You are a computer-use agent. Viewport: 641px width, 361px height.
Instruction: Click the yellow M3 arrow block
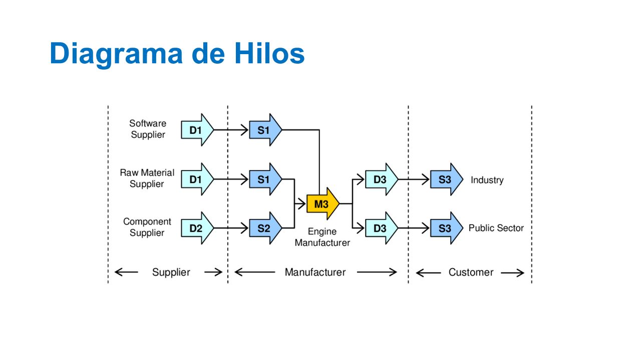[323, 204]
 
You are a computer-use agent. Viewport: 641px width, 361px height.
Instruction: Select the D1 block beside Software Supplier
[197, 130]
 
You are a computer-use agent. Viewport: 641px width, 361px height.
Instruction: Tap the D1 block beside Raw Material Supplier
[197, 179]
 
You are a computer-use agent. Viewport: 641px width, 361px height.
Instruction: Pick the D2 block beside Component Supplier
[197, 228]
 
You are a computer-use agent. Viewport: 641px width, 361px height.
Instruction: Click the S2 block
[265, 228]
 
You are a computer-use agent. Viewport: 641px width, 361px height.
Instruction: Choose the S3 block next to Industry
[446, 179]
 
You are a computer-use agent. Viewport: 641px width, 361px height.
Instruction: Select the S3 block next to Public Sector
[446, 228]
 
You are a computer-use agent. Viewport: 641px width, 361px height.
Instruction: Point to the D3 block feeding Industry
[382, 179]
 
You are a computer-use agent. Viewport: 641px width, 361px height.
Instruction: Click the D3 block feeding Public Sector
[382, 228]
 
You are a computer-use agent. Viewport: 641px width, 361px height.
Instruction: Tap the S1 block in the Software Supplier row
[265, 130]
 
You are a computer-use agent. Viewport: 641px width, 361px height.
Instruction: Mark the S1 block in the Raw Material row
[265, 179]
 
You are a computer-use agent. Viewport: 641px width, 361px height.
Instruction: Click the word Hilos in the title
[269, 53]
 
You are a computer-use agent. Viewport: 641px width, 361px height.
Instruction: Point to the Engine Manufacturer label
[322, 237]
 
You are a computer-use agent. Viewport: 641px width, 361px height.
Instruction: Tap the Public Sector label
[496, 228]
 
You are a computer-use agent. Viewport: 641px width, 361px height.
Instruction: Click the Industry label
[487, 180]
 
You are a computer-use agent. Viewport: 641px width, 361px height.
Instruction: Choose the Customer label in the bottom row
[471, 272]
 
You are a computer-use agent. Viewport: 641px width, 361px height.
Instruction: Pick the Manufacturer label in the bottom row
[315, 272]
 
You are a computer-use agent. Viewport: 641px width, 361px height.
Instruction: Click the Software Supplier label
[148, 129]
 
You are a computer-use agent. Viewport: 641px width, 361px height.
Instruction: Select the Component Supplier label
[147, 227]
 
